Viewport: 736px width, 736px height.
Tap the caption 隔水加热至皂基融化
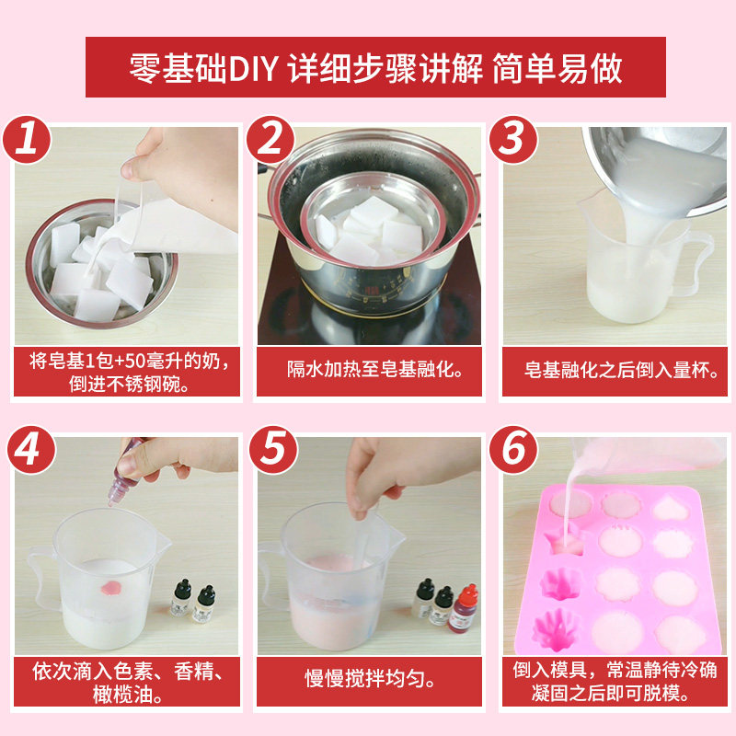tap(369, 370)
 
